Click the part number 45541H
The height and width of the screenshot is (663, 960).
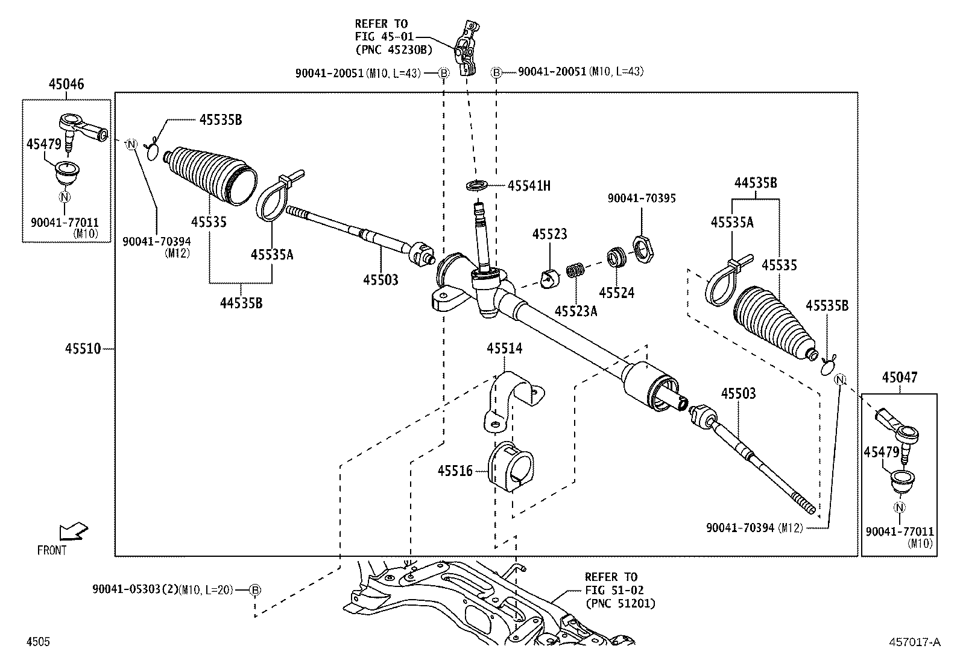pyautogui.click(x=529, y=186)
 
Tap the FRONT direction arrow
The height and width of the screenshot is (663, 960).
pyautogui.click(x=74, y=531)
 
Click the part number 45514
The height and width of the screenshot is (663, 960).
pyautogui.click(x=505, y=348)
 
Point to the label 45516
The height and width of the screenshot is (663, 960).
pyautogui.click(x=455, y=471)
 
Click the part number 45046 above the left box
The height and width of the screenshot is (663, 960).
pyautogui.click(x=66, y=85)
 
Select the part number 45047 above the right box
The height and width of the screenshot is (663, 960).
pyautogui.click(x=900, y=378)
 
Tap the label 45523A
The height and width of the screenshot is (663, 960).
pyautogui.click(x=576, y=311)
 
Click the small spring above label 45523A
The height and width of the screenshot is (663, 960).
pyautogui.click(x=575, y=270)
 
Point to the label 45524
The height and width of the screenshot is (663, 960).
pyautogui.click(x=616, y=293)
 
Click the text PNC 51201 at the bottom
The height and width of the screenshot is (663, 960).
pyautogui.click(x=620, y=603)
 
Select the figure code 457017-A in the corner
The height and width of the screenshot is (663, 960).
pyautogui.click(x=914, y=642)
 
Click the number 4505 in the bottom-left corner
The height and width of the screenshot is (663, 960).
pyautogui.click(x=38, y=642)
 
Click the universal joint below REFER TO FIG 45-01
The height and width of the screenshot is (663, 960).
pyautogui.click(x=467, y=49)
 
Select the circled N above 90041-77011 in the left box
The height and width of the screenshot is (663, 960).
pyautogui.click(x=65, y=197)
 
